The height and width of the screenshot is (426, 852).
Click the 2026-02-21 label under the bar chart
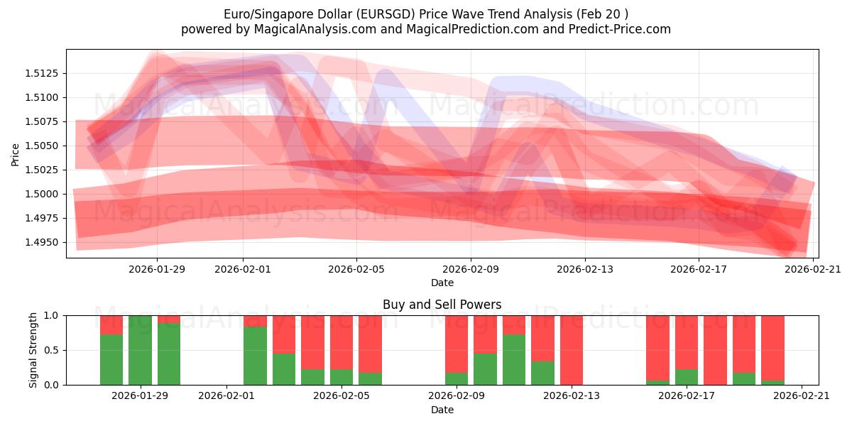[x=802, y=395]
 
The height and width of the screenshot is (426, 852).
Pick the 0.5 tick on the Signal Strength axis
[x=54, y=350]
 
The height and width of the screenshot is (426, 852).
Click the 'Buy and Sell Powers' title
[x=442, y=305]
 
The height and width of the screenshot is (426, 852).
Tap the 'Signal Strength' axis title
[x=33, y=350]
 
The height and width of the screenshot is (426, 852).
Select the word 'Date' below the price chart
[x=442, y=283]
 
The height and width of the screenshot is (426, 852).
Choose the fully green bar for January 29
[x=140, y=350]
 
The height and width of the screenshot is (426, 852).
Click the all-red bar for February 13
[x=572, y=350]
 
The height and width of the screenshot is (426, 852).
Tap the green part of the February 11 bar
[x=514, y=360]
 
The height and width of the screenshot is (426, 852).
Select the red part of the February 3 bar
[x=284, y=334]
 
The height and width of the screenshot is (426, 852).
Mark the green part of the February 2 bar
[x=255, y=356]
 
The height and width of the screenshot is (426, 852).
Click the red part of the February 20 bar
[x=772, y=348]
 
